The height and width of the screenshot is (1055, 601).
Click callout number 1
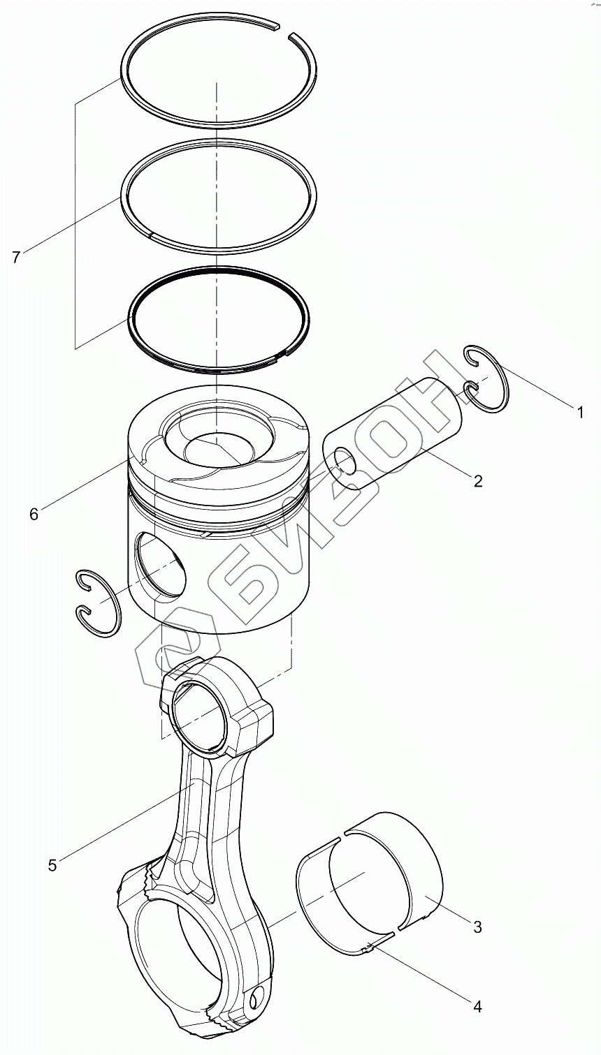point(579,413)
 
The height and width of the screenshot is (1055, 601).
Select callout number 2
point(478,480)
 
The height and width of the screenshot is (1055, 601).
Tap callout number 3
point(478,927)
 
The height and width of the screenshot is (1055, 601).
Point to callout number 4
point(478,1006)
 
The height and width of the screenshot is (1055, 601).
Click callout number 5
point(52,866)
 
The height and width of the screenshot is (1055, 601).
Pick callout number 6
point(34,515)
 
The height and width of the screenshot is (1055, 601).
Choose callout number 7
point(16,258)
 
